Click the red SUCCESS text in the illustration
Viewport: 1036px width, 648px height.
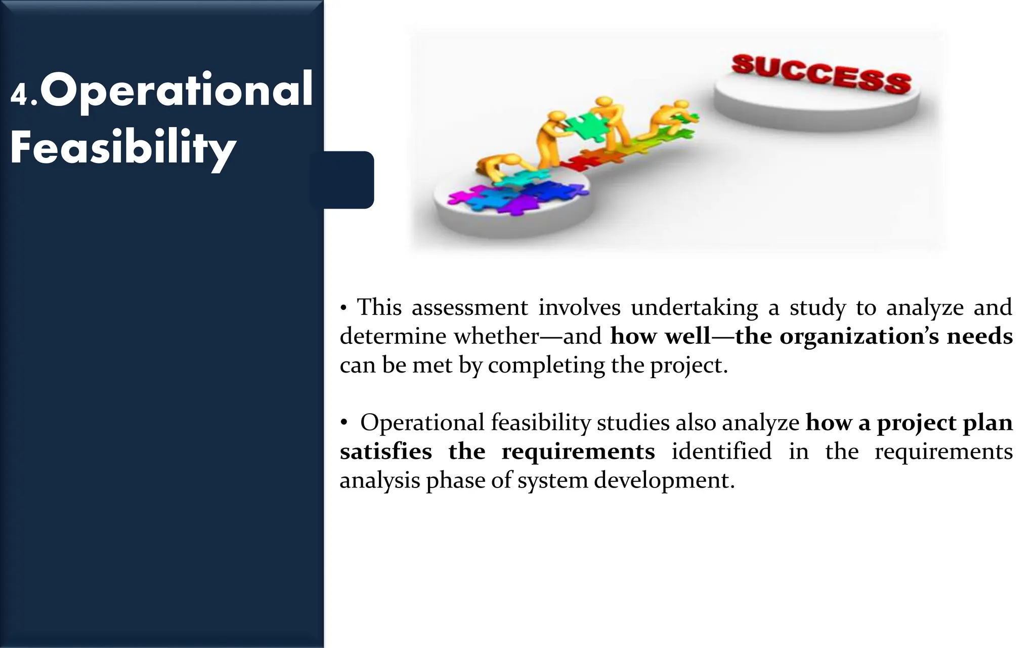pyautogui.click(x=821, y=74)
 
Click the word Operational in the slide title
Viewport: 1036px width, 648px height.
pyautogui.click(x=177, y=90)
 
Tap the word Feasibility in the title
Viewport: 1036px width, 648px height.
pyautogui.click(x=123, y=148)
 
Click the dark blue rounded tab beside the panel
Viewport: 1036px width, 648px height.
pyautogui.click(x=349, y=180)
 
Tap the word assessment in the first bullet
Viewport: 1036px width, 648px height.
pyautogui.click(x=469, y=307)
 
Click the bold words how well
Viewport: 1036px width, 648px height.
pyautogui.click(x=660, y=336)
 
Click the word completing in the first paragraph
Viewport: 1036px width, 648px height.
pyautogui.click(x=546, y=365)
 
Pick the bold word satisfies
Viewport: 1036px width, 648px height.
pyautogui.click(x=385, y=451)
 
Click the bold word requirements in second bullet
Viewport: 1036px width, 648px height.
pyautogui.click(x=578, y=451)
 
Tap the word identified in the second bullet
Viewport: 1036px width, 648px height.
pyautogui.click(x=721, y=451)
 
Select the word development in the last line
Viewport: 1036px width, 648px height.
pyautogui.click(x=664, y=480)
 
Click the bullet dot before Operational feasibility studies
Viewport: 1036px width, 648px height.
pyautogui.click(x=344, y=423)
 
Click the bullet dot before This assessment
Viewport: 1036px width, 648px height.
pyautogui.click(x=343, y=308)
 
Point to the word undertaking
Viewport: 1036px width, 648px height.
pyautogui.click(x=694, y=307)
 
